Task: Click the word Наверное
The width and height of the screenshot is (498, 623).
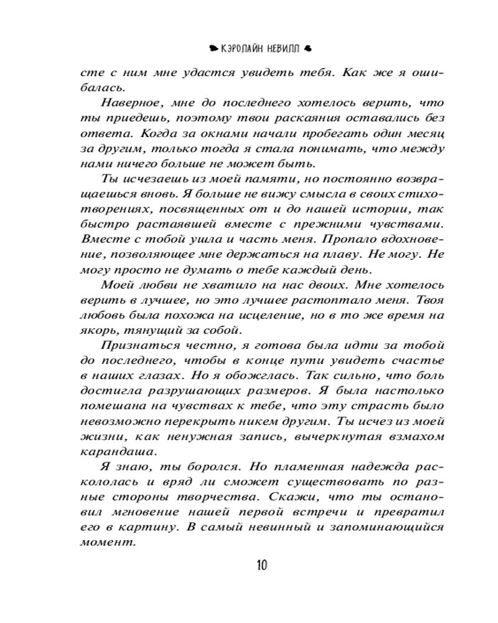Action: [x=129, y=103]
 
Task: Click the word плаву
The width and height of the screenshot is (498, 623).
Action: [x=308, y=254]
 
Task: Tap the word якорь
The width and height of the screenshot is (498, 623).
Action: [x=97, y=330]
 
